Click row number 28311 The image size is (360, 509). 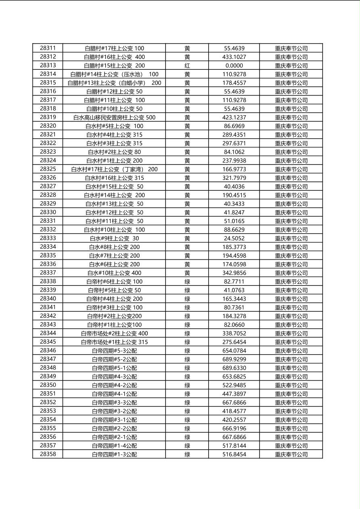(48, 48)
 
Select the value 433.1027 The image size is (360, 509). (234, 57)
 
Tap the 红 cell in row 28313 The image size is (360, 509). (187, 65)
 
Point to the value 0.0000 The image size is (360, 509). (234, 65)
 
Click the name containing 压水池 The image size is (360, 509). (114, 74)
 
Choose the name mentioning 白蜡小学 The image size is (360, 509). (114, 83)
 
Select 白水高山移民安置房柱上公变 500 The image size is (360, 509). (114, 117)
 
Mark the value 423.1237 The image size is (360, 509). (234, 117)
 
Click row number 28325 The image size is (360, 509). (48, 169)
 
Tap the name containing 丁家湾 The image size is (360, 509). (114, 169)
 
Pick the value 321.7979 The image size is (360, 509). (234, 178)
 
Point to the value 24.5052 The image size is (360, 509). (234, 238)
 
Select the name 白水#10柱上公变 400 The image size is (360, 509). (114, 273)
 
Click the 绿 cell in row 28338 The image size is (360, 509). (187, 282)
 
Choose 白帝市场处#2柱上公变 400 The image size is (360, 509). (114, 334)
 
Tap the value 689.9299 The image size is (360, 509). (234, 359)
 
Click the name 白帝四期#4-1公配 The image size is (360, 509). (114, 394)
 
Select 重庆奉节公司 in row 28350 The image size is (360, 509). (291, 385)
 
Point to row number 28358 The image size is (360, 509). (48, 454)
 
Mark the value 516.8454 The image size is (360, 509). (234, 455)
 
